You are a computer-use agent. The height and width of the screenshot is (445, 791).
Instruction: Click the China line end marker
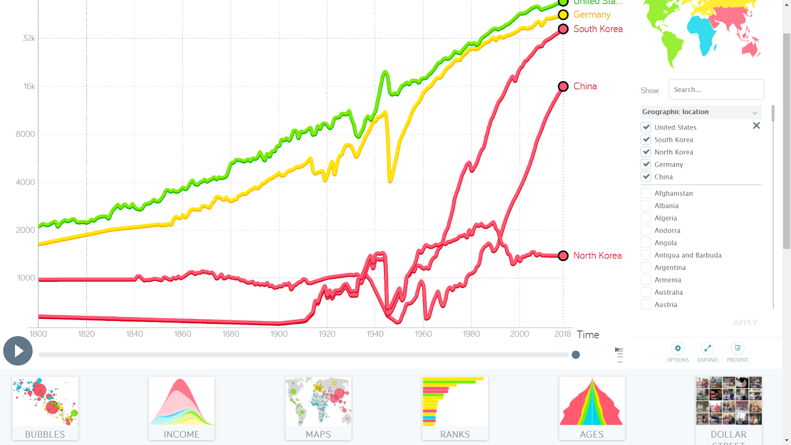point(563,87)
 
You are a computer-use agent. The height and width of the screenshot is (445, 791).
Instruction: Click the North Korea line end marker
point(563,256)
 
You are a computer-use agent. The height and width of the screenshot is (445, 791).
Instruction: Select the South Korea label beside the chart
point(598,29)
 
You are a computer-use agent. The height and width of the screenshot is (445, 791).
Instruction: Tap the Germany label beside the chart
point(592,15)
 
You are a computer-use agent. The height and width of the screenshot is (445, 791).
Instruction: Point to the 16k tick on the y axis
point(29,87)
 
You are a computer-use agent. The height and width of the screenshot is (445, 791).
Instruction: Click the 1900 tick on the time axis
point(279,334)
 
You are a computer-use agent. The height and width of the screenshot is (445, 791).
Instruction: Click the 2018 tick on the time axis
point(563,334)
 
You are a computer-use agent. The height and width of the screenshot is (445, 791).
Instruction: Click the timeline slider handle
point(575,355)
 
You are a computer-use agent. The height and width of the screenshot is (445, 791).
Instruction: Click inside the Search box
point(716,89)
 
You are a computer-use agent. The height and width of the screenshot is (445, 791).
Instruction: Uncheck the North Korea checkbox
point(646,152)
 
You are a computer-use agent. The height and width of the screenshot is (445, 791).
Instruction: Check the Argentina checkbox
point(646,267)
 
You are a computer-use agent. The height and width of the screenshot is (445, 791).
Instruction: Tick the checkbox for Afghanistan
point(646,193)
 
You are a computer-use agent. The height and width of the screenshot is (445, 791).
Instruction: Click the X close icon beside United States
point(756,126)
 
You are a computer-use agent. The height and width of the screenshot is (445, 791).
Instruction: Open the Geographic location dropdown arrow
point(755,112)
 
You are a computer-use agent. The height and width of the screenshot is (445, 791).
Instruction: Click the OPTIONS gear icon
point(678,348)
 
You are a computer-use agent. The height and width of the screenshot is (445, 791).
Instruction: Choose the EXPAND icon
point(707,348)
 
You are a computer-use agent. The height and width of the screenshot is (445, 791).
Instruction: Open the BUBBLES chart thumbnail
point(45,408)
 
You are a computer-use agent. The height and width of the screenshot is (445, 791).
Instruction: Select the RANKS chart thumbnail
point(455,408)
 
